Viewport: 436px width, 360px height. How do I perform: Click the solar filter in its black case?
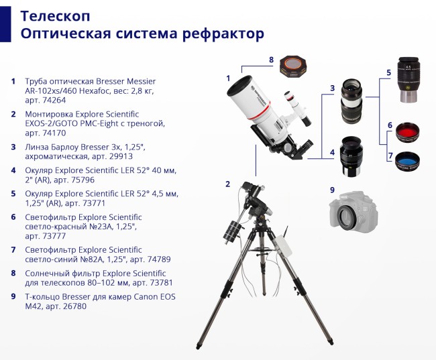[295, 65]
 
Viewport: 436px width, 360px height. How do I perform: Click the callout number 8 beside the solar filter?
[271, 60]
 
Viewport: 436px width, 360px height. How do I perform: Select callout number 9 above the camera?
[331, 190]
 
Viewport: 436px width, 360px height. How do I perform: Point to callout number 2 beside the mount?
[227, 184]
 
